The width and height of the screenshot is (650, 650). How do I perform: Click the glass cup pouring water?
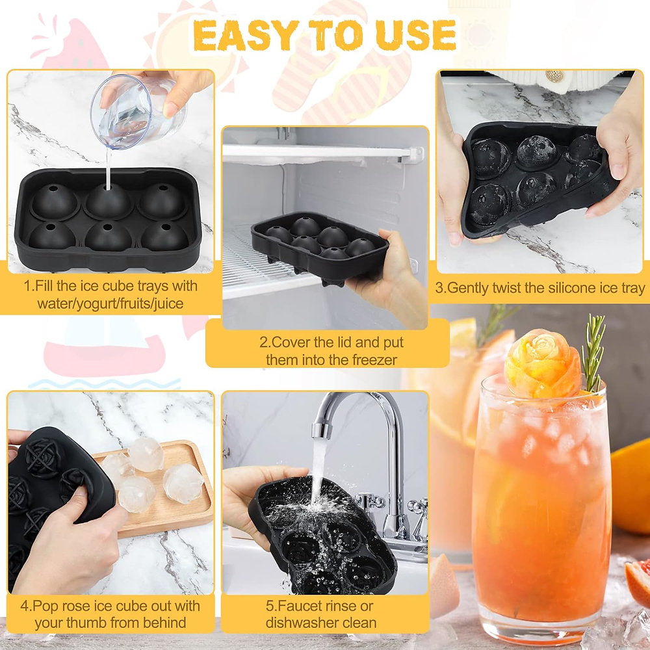[x=136, y=110]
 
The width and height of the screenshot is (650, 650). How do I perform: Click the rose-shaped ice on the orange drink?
[x=543, y=363]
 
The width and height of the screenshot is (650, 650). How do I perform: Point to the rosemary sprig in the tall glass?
[x=593, y=352]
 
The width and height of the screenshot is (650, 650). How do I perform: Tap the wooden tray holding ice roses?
[x=166, y=489]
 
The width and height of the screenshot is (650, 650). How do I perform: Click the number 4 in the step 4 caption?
[x=25, y=606]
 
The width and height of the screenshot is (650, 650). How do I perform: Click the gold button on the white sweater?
[x=554, y=76]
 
